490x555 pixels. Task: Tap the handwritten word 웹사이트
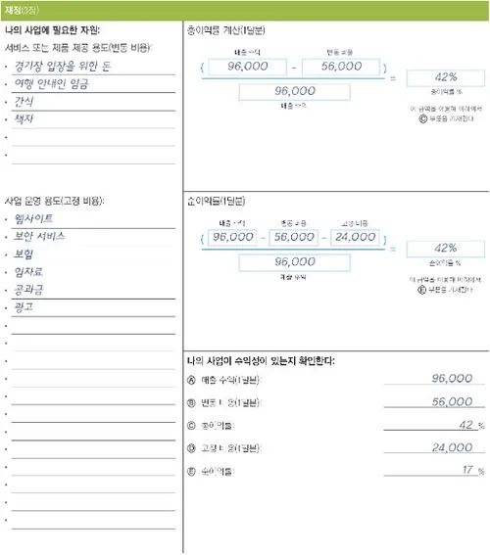(x=34, y=217)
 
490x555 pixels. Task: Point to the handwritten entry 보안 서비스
(x=41, y=236)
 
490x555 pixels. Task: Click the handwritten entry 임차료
(x=29, y=271)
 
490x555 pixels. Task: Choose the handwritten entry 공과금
(x=29, y=290)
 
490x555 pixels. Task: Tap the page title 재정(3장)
(x=22, y=10)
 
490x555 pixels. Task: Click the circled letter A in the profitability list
(x=190, y=379)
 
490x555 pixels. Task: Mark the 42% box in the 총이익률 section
(x=445, y=78)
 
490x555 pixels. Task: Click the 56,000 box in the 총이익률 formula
(x=335, y=67)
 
